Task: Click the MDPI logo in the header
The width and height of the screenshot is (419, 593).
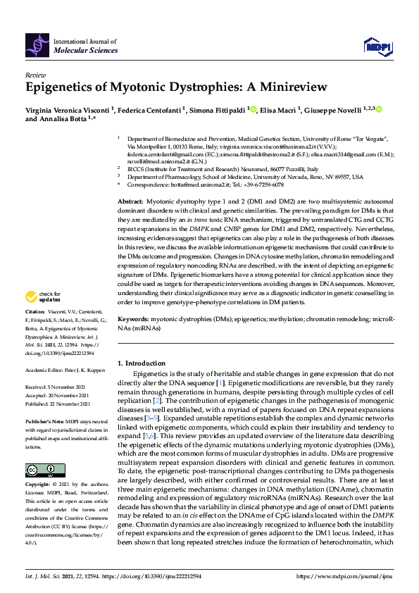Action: tap(376, 46)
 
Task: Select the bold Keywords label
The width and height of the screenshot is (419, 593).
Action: tap(133, 319)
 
